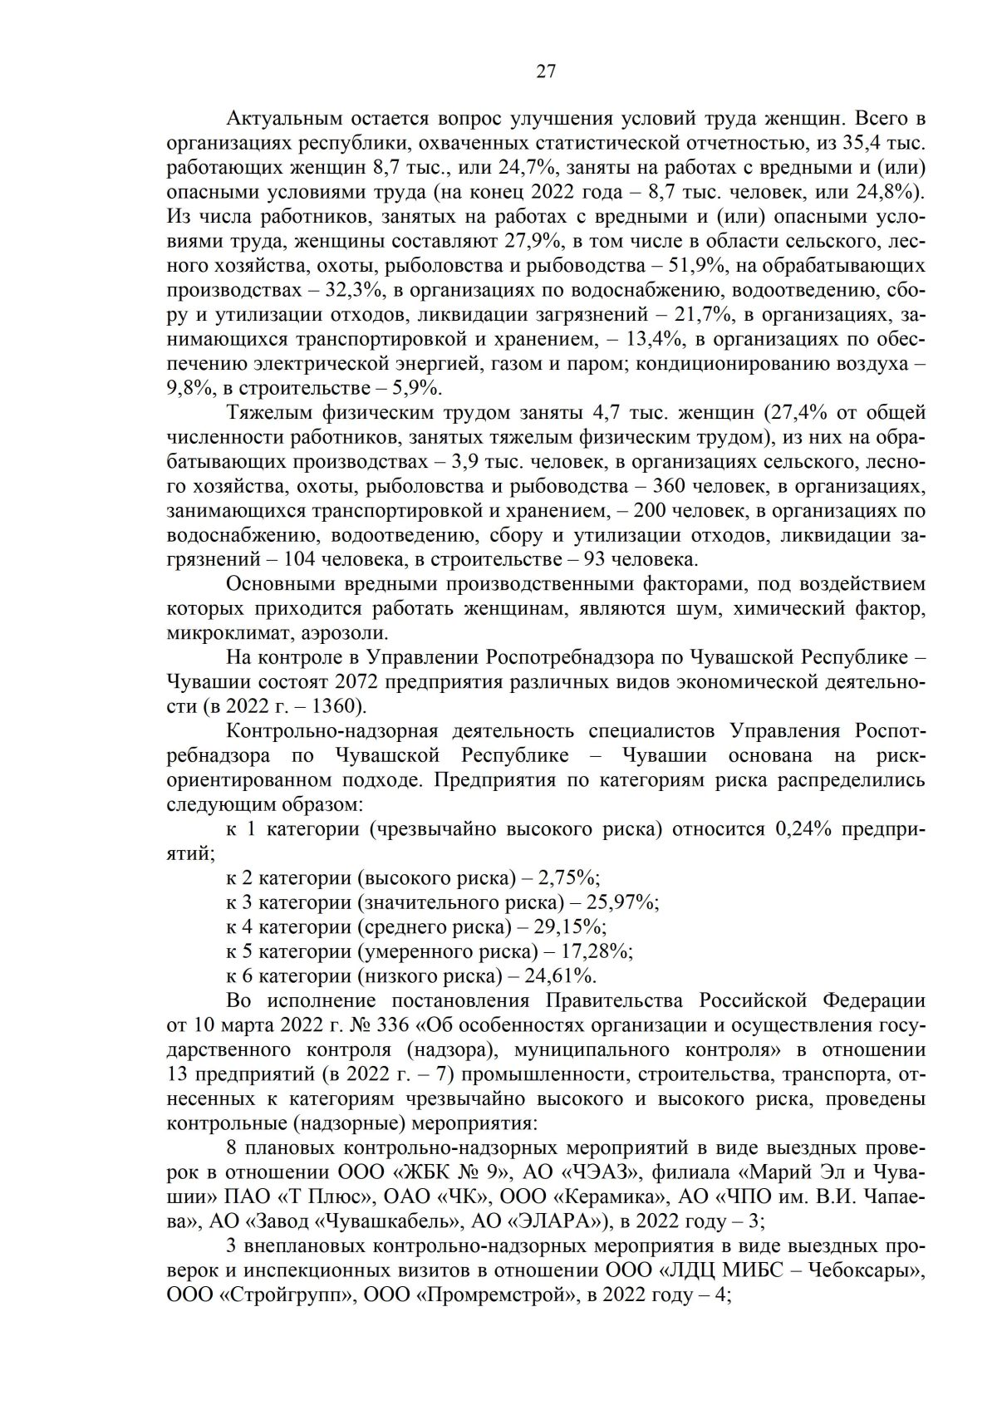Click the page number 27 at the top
(x=546, y=71)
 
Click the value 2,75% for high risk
(x=568, y=878)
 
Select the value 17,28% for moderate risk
(x=598, y=951)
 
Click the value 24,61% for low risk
(x=566, y=975)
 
